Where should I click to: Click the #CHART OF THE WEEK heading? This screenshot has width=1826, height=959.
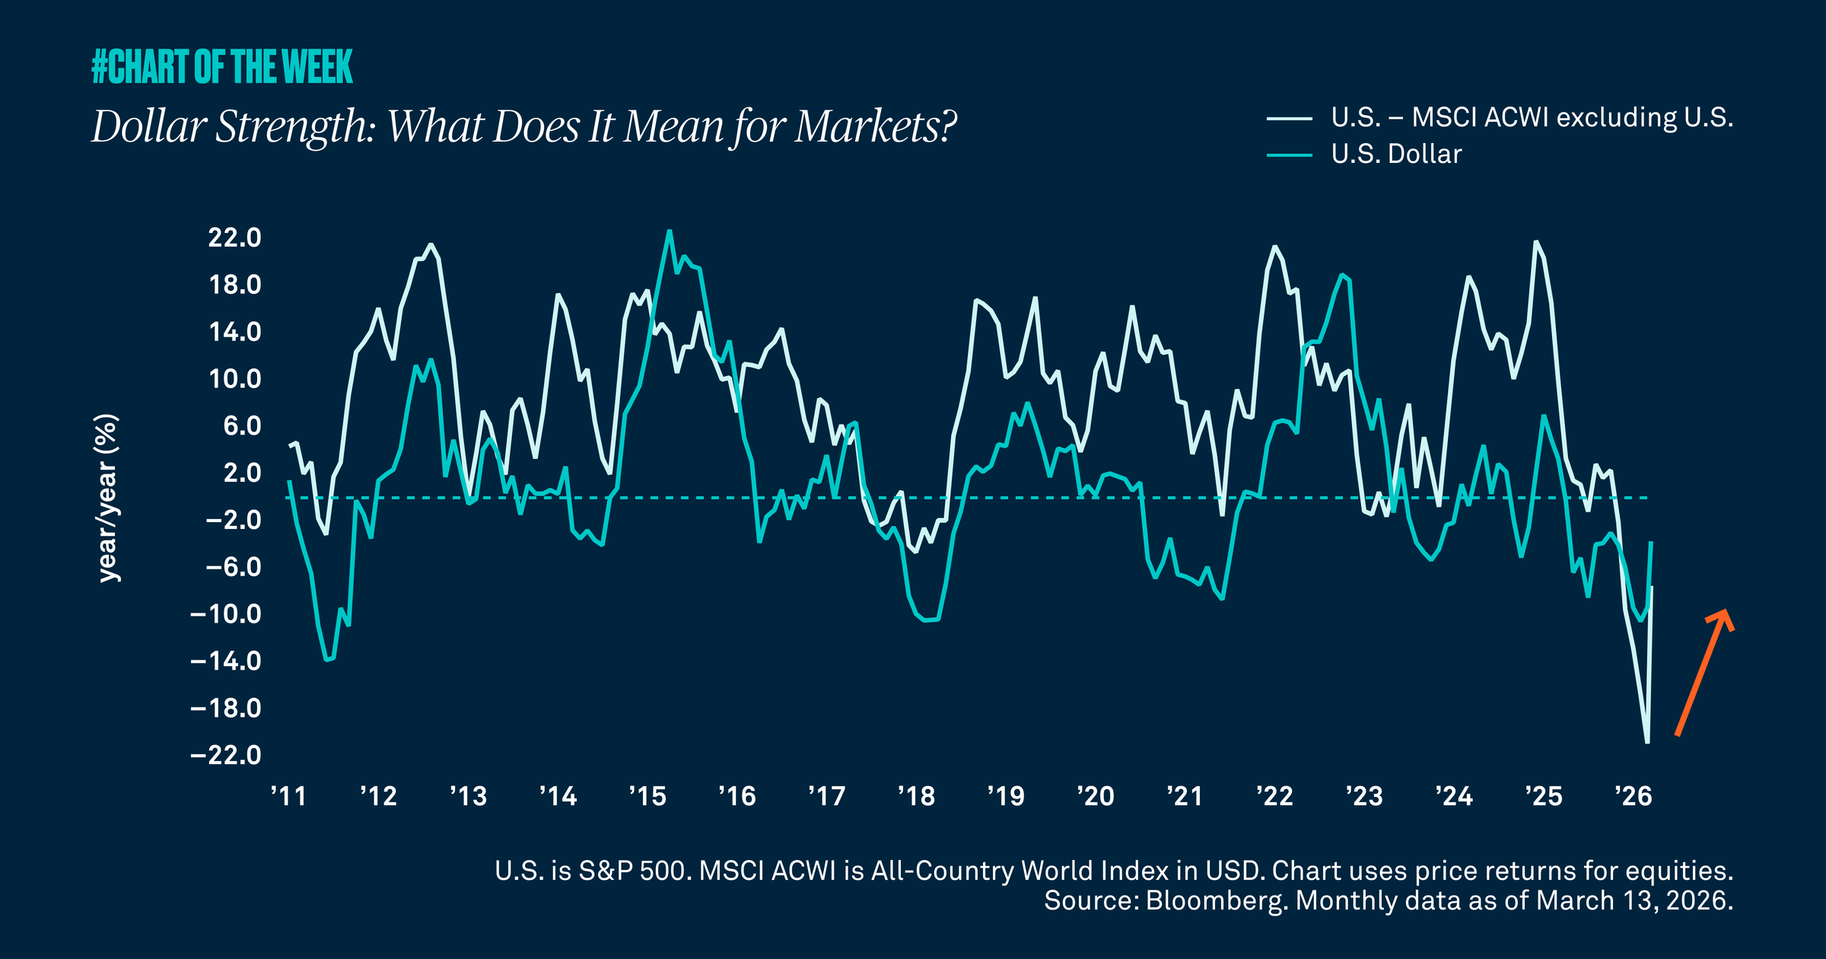click(221, 67)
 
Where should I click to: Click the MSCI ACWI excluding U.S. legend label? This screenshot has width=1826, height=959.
click(1572, 118)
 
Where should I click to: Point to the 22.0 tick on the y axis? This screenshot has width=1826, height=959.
click(234, 237)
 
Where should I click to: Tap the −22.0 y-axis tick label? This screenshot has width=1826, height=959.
click(226, 755)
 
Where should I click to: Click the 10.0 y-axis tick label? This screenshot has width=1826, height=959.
click(234, 379)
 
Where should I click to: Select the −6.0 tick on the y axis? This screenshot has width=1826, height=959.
click(233, 567)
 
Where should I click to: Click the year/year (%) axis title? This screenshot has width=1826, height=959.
click(107, 499)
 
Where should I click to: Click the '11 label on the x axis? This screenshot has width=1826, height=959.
click(288, 796)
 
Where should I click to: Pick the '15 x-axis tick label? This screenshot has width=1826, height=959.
click(647, 796)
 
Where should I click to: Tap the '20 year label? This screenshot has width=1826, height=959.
click(1096, 796)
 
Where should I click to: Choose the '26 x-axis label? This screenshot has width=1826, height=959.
click(1634, 796)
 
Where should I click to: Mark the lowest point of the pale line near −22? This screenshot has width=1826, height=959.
click(1647, 742)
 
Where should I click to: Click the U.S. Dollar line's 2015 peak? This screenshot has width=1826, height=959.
click(670, 231)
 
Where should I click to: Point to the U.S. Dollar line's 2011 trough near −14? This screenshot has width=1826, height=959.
click(327, 660)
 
